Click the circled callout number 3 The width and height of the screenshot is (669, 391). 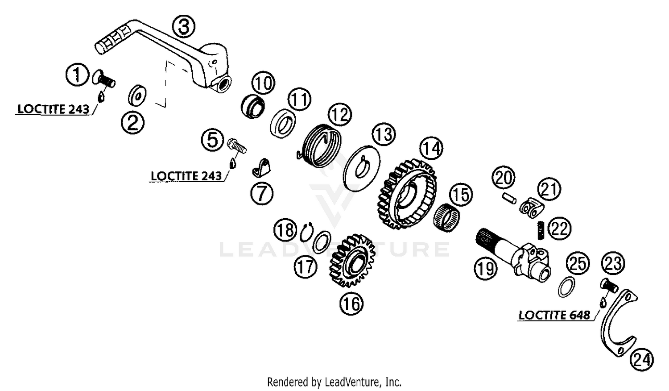click(x=184, y=26)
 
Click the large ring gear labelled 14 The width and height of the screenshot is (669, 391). click(x=407, y=194)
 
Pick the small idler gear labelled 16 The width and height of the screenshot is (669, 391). click(x=352, y=260)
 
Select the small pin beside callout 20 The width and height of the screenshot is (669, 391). click(x=508, y=199)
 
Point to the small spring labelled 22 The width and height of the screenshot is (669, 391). click(x=541, y=230)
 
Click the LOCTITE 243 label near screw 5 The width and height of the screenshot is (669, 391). click(x=186, y=176)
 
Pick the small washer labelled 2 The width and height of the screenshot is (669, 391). click(x=137, y=96)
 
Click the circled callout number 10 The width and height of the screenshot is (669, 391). click(x=264, y=83)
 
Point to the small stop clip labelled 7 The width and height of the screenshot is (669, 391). click(x=261, y=168)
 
